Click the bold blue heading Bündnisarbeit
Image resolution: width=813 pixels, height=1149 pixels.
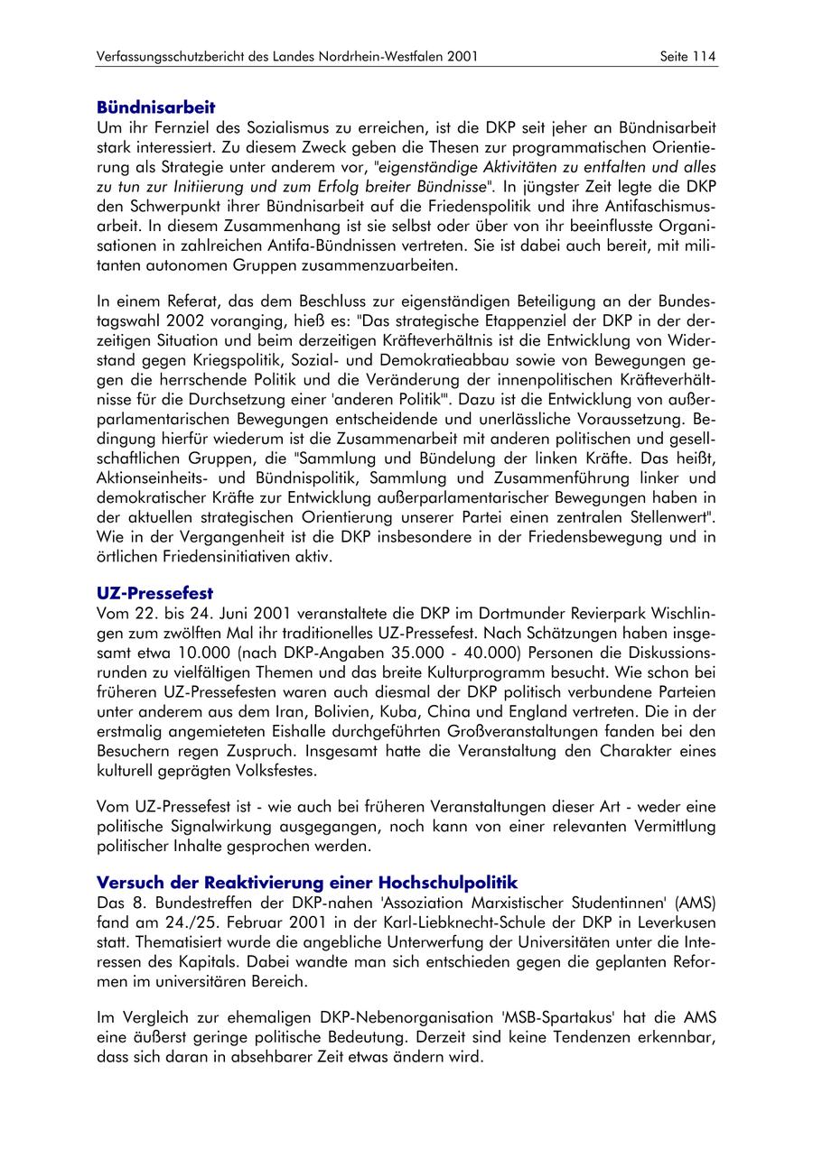[156, 107]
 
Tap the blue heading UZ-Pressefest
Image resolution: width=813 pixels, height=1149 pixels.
[154, 593]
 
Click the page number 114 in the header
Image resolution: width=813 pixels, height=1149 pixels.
[705, 57]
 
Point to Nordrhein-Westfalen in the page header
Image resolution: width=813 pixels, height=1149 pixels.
[384, 57]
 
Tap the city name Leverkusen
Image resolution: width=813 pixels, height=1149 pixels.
[672, 922]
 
